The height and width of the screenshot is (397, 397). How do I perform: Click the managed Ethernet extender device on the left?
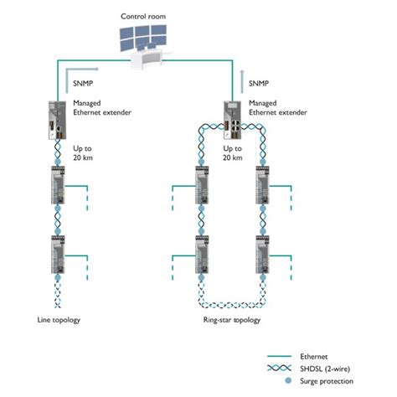click(52, 120)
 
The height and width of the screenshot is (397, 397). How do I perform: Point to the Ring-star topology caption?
click(231, 320)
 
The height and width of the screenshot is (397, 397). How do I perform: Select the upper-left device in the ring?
click(201, 185)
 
